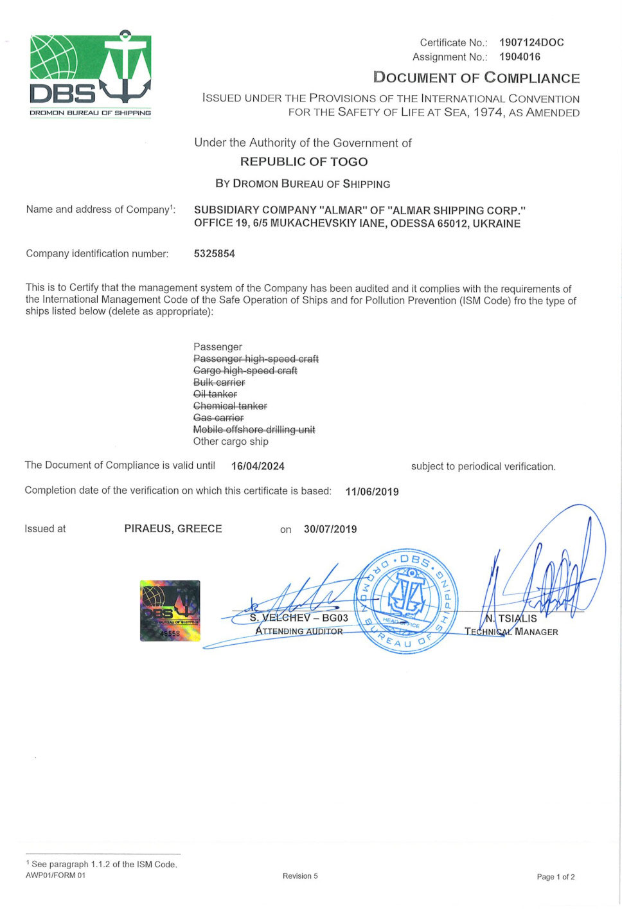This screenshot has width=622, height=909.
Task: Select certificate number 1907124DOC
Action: click(x=531, y=42)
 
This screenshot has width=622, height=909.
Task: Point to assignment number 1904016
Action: click(x=520, y=57)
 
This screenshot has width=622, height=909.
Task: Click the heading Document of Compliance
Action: click(x=476, y=78)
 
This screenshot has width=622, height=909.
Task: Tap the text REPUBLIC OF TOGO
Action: click(x=304, y=161)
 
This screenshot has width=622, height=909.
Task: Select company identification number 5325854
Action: click(x=215, y=253)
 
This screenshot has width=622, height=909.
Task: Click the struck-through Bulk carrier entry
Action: click(x=219, y=382)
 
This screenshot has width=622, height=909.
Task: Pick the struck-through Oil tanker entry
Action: click(x=215, y=394)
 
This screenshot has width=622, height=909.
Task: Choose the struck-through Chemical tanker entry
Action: click(x=230, y=406)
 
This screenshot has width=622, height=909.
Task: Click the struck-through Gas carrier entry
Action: click(x=218, y=418)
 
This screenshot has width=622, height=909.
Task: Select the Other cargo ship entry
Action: click(x=231, y=442)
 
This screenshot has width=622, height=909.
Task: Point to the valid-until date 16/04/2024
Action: click(x=258, y=466)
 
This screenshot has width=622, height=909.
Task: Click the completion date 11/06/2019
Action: click(x=372, y=492)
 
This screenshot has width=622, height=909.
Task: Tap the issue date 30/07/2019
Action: click(x=330, y=529)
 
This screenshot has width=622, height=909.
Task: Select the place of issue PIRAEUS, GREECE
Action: click(x=173, y=528)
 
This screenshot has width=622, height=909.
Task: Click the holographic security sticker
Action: click(x=170, y=611)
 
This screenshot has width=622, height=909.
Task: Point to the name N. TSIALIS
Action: click(x=511, y=618)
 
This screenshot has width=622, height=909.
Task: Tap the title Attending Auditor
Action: click(x=299, y=631)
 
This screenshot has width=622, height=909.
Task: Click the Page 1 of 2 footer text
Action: click(x=556, y=877)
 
